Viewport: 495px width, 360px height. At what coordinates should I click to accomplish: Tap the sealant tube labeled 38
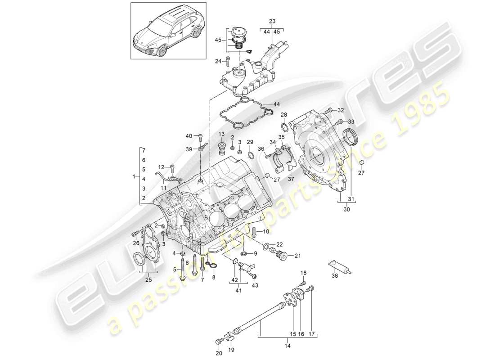pos(340,267)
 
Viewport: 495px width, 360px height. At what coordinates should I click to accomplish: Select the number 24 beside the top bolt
pos(218,61)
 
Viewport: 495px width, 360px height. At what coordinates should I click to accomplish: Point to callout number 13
pos(222,134)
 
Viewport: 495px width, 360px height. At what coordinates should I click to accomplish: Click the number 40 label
pos(189,136)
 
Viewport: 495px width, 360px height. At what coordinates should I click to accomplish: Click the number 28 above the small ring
pos(284,115)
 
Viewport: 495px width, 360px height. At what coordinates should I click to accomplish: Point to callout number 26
pos(136,244)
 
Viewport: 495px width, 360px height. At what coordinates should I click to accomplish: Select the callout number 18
pos(303,273)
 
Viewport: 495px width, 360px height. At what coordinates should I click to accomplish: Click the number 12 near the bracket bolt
pos(161,167)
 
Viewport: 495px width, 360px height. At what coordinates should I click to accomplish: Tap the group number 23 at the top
pos(272,21)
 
